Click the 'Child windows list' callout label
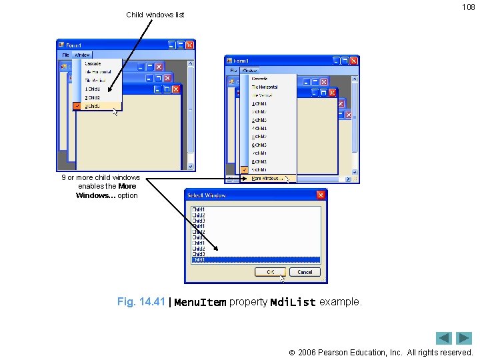coord(155,15)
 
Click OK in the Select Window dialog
coord(270,272)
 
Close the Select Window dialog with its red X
coord(321,195)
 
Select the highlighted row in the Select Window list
coord(255,260)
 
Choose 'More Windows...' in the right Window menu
coord(267,179)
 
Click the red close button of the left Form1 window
coord(190,45)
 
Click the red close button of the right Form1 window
coord(353,61)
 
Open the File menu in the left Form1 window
coord(65,55)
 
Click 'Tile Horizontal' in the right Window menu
coord(265,87)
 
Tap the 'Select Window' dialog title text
coord(207,195)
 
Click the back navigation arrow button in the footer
coord(444,338)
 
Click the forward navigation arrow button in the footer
coord(464,338)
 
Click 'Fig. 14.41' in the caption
coord(140,302)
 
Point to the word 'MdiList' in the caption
coord(293,303)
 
